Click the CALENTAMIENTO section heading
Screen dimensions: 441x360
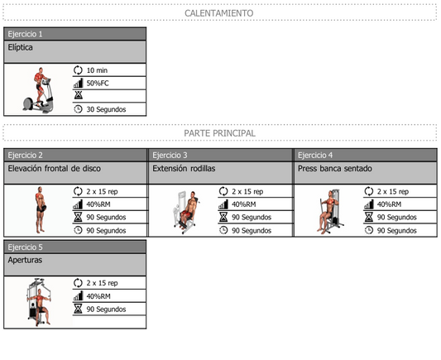(218, 13)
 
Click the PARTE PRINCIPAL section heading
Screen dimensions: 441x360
(219, 133)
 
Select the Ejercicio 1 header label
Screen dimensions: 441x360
(25, 34)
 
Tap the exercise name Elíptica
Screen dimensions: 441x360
(20, 47)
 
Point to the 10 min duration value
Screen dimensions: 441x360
(97, 70)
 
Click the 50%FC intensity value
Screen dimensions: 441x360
(98, 84)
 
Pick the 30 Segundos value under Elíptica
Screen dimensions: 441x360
(106, 109)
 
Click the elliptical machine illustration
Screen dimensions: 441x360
(38, 90)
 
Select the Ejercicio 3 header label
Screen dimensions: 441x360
(170, 156)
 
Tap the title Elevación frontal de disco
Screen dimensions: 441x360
(55, 169)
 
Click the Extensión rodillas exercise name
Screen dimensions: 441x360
(184, 169)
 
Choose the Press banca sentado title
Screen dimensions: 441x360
(335, 169)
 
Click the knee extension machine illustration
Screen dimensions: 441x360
(186, 212)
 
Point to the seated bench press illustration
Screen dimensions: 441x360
(330, 212)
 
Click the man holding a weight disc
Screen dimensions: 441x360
(41, 210)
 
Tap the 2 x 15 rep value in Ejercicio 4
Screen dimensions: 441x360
(393, 191)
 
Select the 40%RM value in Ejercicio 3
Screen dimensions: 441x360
(243, 204)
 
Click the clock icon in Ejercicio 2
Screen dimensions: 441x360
(78, 230)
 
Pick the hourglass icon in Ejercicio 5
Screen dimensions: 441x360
(78, 309)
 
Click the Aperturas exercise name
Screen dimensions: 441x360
(25, 260)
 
